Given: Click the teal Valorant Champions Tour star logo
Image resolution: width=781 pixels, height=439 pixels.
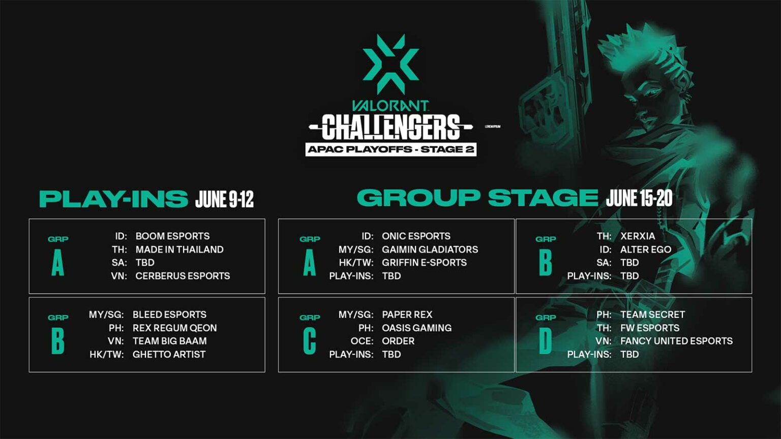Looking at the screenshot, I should click(390, 63).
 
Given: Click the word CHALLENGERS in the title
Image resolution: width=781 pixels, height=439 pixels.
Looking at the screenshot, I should click(390, 127).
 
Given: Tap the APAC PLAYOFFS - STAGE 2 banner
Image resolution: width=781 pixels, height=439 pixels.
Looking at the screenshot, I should click(390, 149).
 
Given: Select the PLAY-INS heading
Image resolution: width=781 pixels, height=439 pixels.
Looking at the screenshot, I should click(113, 199).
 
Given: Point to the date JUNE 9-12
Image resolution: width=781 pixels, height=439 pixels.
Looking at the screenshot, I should click(224, 199).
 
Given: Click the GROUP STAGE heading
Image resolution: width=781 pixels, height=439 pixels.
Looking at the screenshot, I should click(477, 198).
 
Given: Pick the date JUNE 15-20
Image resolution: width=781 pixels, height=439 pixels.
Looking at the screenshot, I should click(639, 198).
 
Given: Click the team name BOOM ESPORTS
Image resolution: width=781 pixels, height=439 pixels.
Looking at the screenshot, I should click(172, 236).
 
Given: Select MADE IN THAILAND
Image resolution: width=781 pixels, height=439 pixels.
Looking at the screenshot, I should click(179, 249).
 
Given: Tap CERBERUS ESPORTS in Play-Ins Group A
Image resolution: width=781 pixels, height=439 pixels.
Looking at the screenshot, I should click(183, 276).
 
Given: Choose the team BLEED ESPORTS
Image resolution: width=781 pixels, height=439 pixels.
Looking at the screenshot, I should click(169, 315).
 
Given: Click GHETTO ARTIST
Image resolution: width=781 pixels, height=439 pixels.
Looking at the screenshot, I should click(169, 354).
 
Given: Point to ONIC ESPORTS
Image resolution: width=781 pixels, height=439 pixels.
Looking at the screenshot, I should click(416, 236).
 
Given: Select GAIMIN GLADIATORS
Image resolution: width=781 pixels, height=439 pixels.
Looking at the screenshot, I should click(430, 249).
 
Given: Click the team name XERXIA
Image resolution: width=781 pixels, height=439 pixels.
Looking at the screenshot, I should click(638, 236).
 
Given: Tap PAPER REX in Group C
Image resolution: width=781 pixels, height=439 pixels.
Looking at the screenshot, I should click(407, 315).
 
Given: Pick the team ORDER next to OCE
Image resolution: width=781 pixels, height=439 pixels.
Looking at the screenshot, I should click(398, 341).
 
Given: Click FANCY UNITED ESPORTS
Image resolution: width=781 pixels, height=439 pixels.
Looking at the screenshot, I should click(676, 341).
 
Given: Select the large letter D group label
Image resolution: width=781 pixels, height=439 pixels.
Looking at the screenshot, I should click(545, 341).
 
